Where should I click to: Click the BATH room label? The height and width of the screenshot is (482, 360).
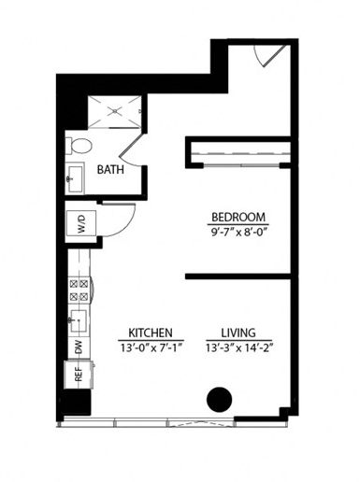point(111,170)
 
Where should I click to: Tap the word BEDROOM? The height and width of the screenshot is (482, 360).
point(234,212)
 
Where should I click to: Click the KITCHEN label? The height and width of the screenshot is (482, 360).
point(149,333)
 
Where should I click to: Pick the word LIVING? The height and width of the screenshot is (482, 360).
point(239,333)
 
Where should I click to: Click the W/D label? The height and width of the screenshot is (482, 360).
point(80,224)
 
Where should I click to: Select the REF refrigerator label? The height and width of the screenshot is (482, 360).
point(79,376)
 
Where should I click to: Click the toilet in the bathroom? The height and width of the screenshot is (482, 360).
point(79,146)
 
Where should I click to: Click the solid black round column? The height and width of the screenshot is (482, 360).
point(218,399)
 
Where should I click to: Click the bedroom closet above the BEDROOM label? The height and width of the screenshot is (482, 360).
point(238,152)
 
